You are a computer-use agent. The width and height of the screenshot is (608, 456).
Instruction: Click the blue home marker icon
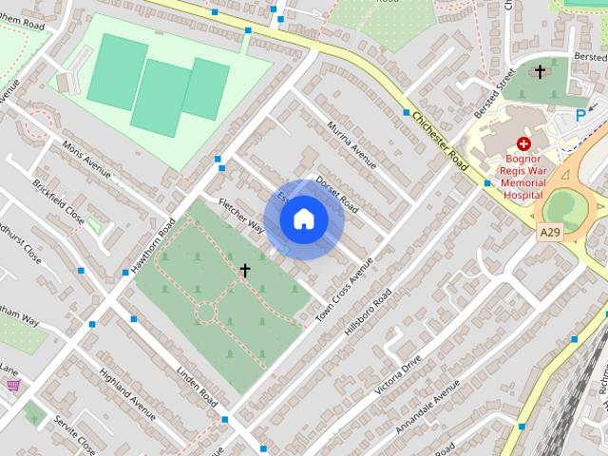[x=303, y=219]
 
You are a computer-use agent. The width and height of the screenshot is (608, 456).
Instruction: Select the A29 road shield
[x=548, y=231]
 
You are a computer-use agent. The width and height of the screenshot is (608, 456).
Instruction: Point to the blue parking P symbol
[x=580, y=115]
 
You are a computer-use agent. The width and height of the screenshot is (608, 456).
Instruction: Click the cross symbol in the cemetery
[x=244, y=271]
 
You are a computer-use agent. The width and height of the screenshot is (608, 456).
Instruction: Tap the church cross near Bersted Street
[x=540, y=71]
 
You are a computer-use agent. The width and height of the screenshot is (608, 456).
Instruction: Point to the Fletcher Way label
[x=241, y=216]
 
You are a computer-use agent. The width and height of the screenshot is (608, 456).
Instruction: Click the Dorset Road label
[x=336, y=193]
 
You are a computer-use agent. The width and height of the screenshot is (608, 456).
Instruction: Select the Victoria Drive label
[x=398, y=373]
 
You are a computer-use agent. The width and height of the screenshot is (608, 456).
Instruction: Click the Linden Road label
[x=197, y=381]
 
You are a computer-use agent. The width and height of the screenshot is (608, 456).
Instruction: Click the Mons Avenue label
[x=86, y=160]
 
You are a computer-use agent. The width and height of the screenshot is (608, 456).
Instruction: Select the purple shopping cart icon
[x=12, y=385]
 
